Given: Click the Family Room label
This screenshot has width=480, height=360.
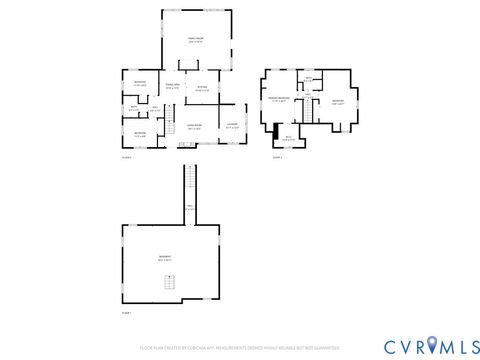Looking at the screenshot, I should coord(197,40).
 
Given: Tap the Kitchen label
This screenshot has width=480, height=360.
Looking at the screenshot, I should coord(202,88).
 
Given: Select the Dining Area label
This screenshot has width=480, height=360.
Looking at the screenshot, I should coord(172,86).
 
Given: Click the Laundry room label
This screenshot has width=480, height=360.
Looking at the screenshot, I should coord(232,126).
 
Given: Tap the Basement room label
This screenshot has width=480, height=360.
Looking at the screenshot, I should coord(165,257).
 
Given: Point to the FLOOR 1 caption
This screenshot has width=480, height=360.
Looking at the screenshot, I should coord(127,314).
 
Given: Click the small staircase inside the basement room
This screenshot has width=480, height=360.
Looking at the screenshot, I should coord(171,283).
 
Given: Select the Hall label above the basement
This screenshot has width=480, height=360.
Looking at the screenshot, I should coord(189,207).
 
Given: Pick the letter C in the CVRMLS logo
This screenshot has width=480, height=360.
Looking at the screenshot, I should coord(364,346).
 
